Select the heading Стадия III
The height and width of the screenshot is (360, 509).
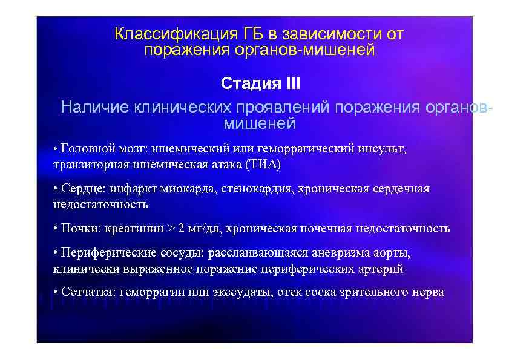tap(260, 82)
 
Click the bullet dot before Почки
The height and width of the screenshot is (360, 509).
tap(55, 229)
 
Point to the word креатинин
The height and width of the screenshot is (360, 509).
tap(134, 229)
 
